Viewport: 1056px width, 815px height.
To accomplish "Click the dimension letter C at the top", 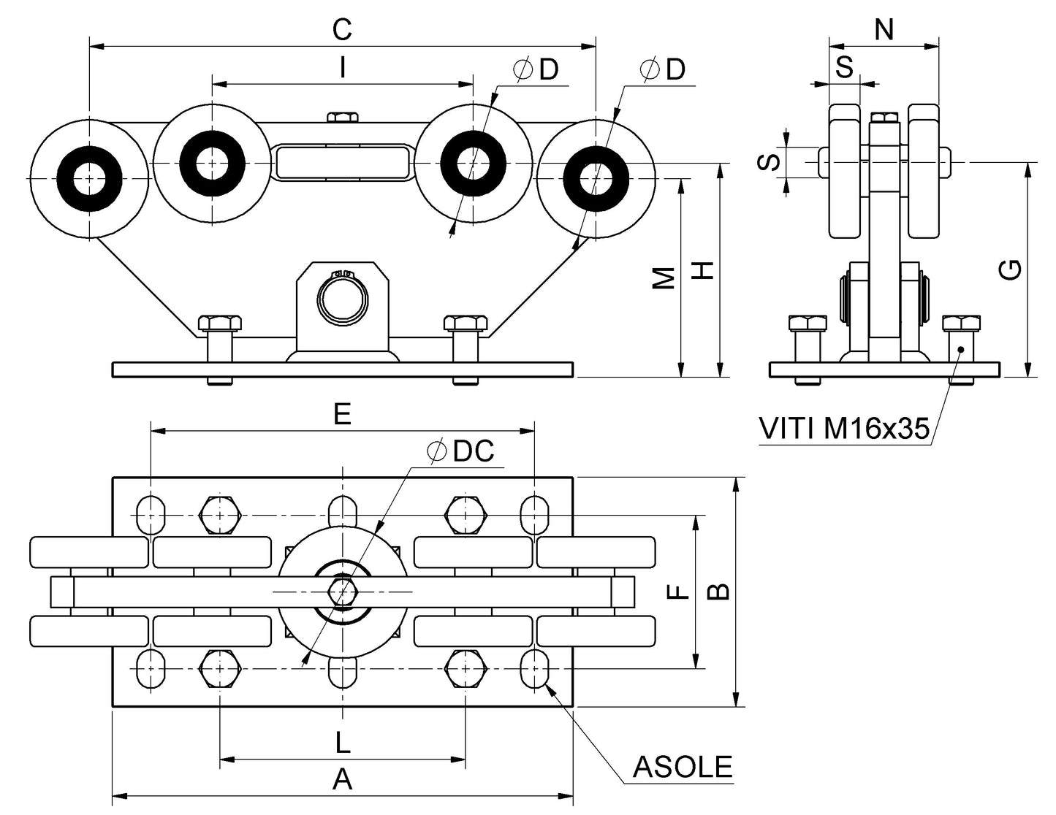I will pos(342,30).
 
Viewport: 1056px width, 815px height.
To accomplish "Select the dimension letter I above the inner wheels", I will pos(342,68).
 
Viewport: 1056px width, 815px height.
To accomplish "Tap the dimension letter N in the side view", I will pos(884,30).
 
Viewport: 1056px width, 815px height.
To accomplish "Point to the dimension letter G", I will pos(1011,270).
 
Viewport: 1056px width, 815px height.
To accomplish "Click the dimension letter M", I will pos(664,278).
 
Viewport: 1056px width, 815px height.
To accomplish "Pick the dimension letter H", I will pos(703,271).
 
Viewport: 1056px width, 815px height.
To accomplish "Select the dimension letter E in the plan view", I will pos(342,415).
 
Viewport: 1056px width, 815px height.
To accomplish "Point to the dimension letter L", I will pos(342,743).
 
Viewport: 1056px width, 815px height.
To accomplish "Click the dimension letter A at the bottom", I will pos(342,780).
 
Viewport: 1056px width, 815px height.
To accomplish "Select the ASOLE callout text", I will pos(682,768).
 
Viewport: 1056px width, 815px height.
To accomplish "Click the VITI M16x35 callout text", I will pos(844,429).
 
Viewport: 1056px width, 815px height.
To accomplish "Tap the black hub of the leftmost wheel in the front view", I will pos(88,178).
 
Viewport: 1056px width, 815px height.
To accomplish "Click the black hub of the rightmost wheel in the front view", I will pos(596,178).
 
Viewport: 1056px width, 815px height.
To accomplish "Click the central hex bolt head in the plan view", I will pos(341,591).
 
